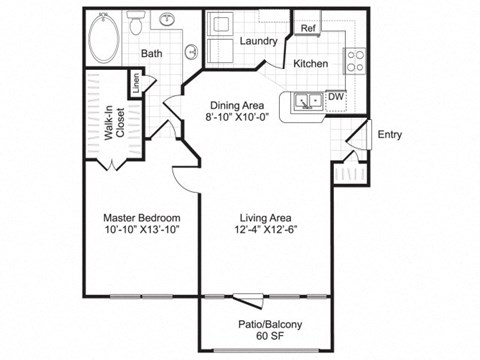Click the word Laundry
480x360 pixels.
(258, 41)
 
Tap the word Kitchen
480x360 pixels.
(311, 63)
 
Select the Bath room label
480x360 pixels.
(152, 53)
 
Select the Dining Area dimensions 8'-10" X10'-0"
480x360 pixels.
(237, 116)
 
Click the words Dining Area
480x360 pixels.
(237, 103)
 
